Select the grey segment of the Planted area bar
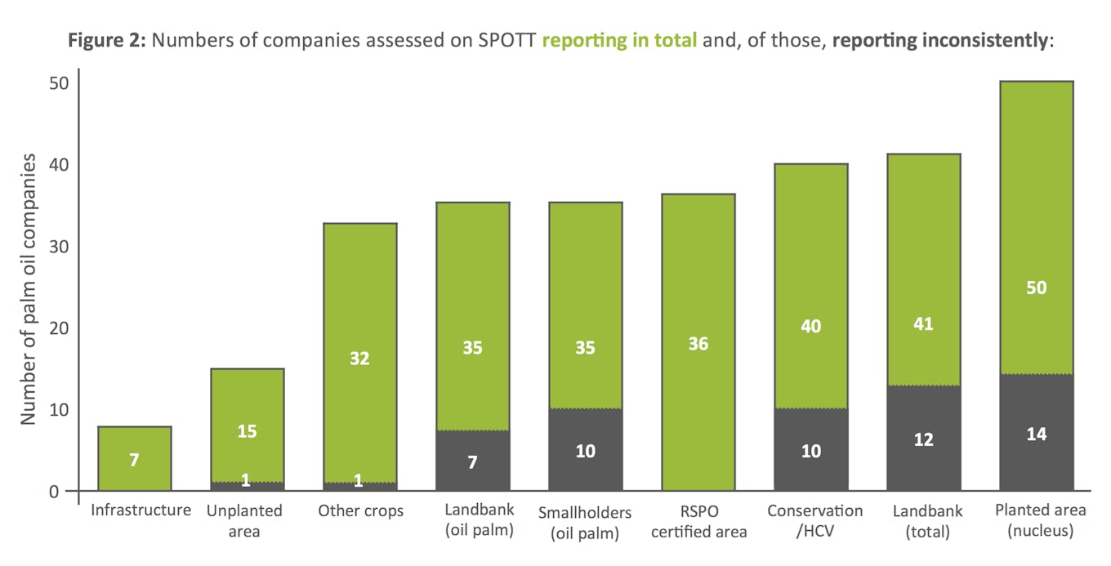pyautogui.click(x=1036, y=457)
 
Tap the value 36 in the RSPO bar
pyautogui.click(x=698, y=344)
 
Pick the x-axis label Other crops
pyautogui.click(x=360, y=511)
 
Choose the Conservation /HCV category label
pyautogui.click(x=814, y=521)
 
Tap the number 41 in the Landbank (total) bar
pyautogui.click(x=923, y=324)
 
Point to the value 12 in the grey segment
pyautogui.click(x=923, y=440)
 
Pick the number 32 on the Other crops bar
pyautogui.click(x=359, y=358)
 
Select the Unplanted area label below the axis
pyautogui.click(x=244, y=521)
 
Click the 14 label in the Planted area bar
pyautogui.click(x=1036, y=434)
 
